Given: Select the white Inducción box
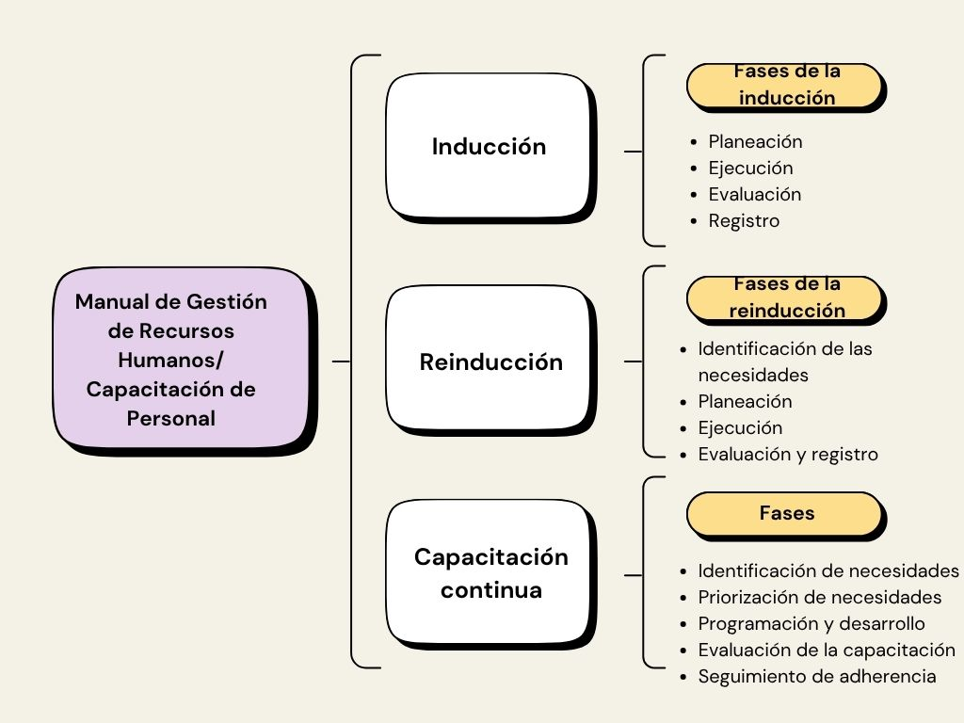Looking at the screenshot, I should click(488, 147).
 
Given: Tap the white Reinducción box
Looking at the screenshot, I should click(488, 362).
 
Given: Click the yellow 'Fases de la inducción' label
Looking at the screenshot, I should click(785, 86).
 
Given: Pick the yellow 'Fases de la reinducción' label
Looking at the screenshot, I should click(785, 297).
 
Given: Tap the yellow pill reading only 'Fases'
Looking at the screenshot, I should click(785, 513).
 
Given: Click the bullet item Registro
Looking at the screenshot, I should click(744, 221).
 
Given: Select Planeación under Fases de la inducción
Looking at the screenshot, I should click(755, 142).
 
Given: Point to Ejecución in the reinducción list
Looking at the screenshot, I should click(740, 427).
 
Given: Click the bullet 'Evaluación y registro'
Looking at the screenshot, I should click(787, 454).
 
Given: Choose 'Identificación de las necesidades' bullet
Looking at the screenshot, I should click(784, 361).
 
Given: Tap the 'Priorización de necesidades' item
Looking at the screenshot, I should click(819, 597).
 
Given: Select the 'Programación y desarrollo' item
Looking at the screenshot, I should click(811, 623).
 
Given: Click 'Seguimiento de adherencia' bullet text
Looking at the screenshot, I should click(816, 676).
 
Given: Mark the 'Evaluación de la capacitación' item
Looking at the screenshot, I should click(826, 650).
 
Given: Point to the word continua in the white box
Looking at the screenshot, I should click(491, 590).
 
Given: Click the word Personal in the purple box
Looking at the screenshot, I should click(171, 418).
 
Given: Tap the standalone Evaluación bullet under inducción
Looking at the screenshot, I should click(755, 195).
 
